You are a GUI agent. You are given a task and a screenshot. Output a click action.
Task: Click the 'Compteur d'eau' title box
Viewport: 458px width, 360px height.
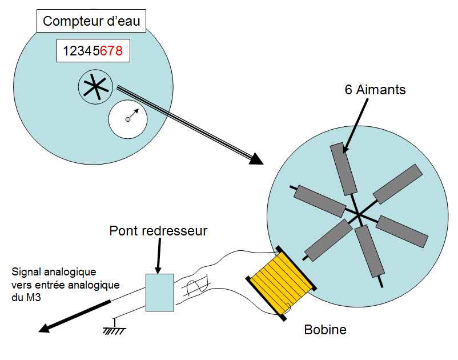pyautogui.click(x=91, y=22)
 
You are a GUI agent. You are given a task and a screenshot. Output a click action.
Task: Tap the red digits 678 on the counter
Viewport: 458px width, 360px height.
pyautogui.click(x=111, y=51)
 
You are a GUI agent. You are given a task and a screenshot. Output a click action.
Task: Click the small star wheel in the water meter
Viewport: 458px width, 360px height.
pyautogui.click(x=93, y=87)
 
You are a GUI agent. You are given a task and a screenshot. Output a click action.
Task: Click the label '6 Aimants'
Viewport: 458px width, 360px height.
pyautogui.click(x=375, y=90)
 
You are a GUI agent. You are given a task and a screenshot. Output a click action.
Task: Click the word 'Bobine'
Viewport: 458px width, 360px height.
pyautogui.click(x=325, y=330)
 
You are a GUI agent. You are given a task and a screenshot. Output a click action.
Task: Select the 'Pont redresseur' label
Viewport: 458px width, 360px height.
pyautogui.click(x=158, y=231)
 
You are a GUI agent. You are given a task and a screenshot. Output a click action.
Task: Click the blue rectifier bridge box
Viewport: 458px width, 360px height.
pyautogui.click(x=159, y=292)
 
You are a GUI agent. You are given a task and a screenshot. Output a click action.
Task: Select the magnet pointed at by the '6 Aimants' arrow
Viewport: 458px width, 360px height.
pyautogui.click(x=343, y=169)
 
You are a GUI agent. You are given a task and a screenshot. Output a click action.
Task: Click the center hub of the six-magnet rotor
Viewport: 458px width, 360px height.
pyautogui.click(x=358, y=214)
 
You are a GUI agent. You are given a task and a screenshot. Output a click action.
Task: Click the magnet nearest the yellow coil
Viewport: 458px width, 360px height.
pyautogui.click(x=328, y=240)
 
